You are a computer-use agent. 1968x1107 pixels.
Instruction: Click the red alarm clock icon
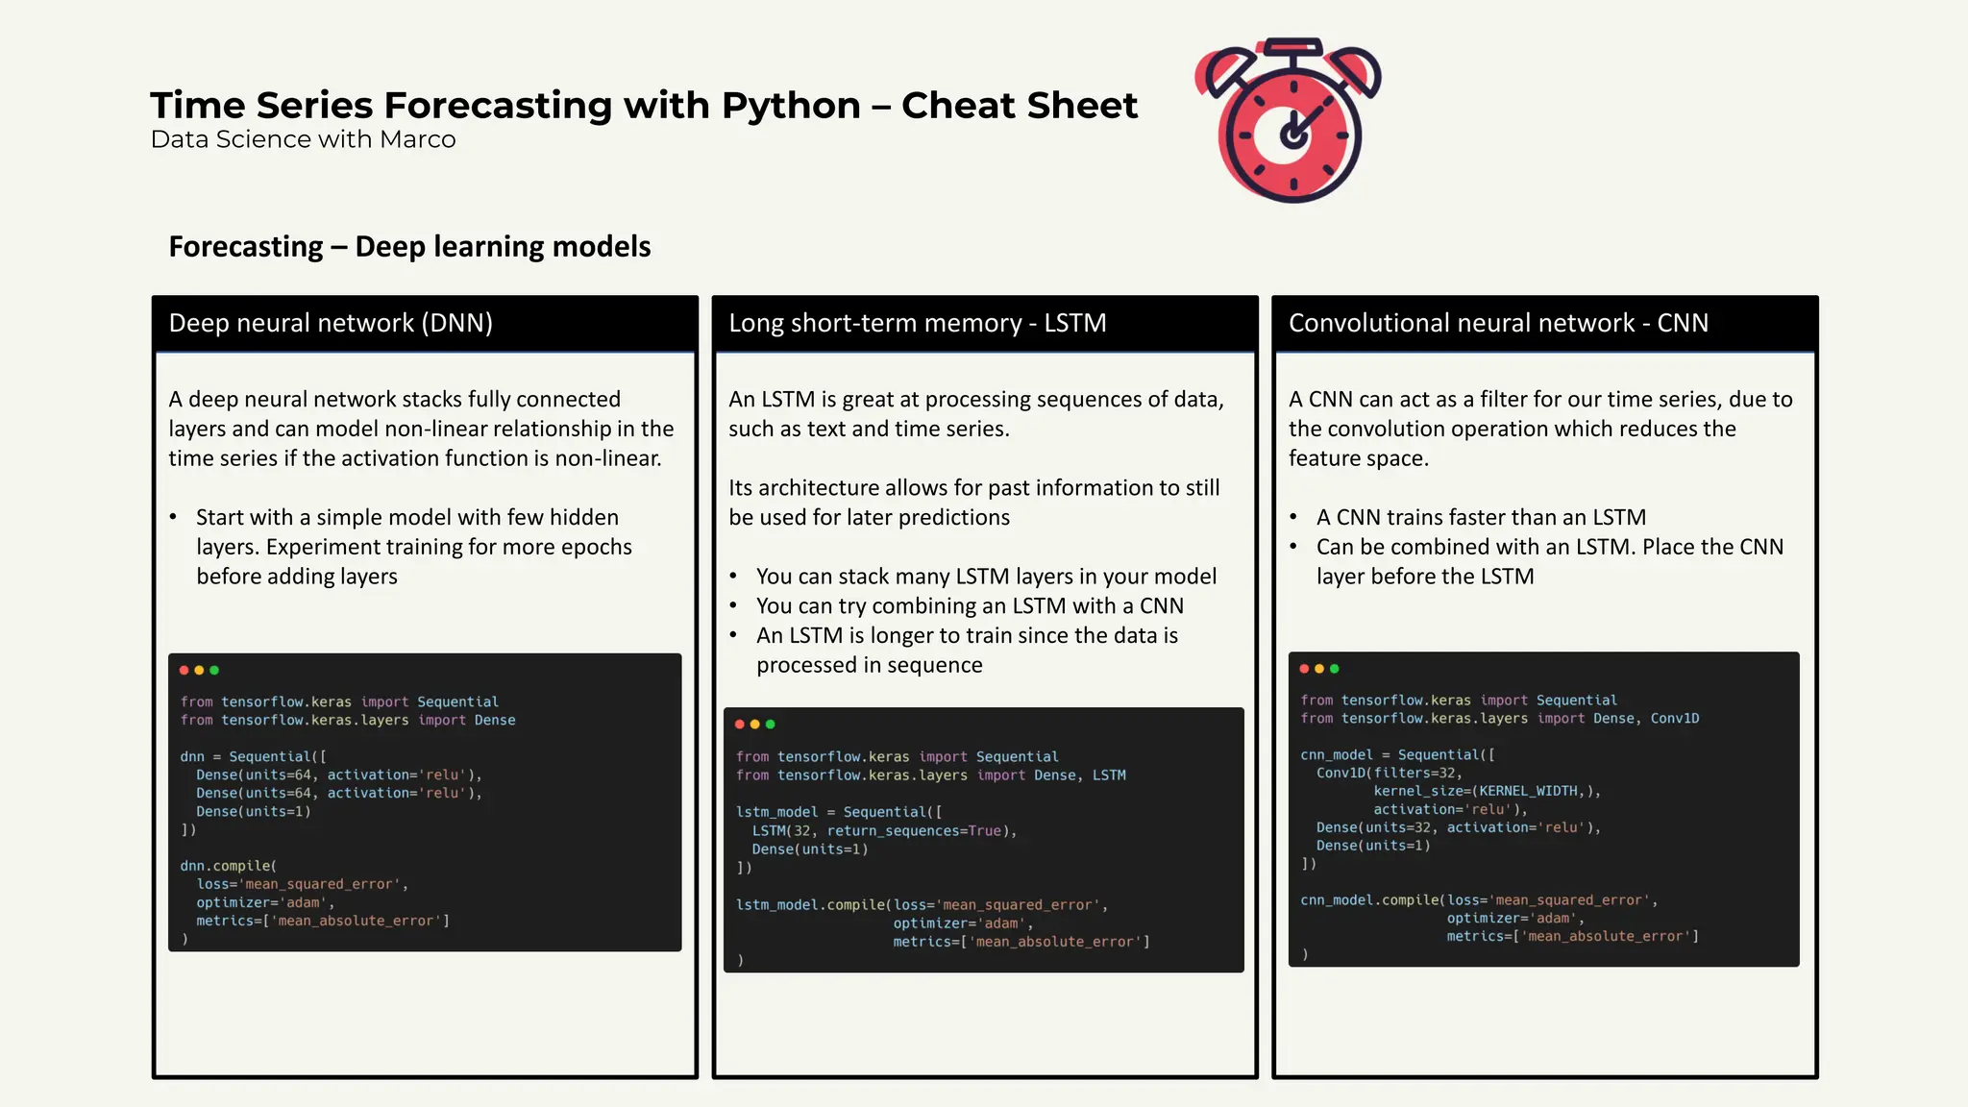coord(1291,122)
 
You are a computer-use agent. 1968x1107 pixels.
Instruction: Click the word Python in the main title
coord(790,106)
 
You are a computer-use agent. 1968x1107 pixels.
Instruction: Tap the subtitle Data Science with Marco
coord(303,139)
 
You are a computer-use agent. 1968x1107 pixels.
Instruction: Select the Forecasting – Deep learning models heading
coord(409,247)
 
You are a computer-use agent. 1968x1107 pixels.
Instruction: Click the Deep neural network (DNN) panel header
coord(331,323)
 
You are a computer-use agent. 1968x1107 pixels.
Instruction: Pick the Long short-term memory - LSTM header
coord(917,323)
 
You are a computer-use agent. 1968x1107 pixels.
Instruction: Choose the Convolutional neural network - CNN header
coord(1497,323)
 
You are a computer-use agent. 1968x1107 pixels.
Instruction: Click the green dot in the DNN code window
coord(214,671)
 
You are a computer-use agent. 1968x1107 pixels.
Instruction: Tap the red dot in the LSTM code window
coord(740,725)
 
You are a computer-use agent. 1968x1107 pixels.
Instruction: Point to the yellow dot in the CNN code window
coord(1319,669)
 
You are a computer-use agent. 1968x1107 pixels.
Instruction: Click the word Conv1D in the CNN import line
coord(1674,719)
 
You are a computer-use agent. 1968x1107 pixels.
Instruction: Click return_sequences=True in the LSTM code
coord(914,831)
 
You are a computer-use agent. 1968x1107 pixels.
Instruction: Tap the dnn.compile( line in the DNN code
coord(228,867)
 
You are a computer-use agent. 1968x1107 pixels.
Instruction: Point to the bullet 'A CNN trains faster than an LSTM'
coord(1480,518)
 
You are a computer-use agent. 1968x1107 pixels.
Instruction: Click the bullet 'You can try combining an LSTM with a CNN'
coord(969,606)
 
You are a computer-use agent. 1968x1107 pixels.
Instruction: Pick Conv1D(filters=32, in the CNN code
coord(1389,774)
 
